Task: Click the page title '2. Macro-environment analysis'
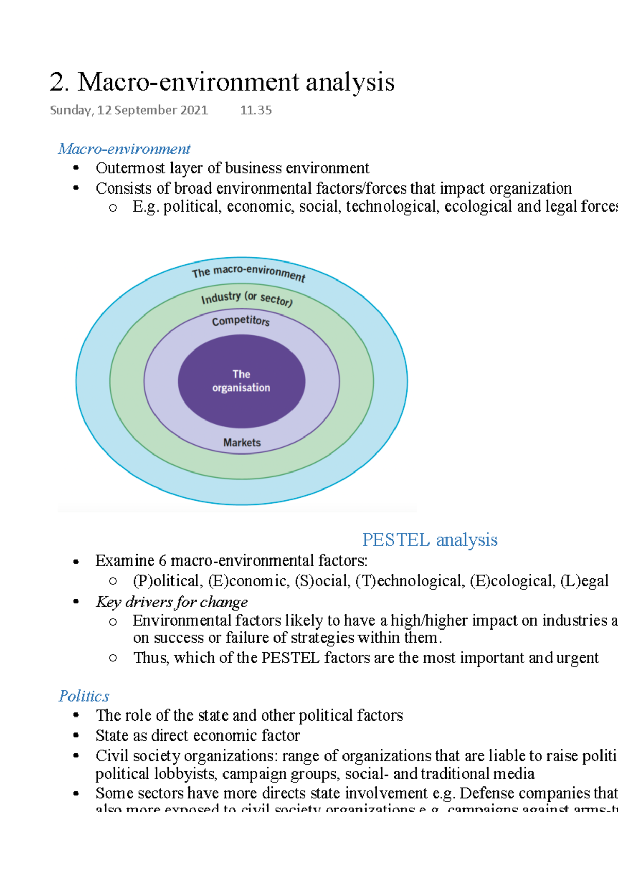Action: click(x=222, y=82)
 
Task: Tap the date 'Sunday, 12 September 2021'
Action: click(x=129, y=110)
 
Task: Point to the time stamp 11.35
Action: click(x=256, y=110)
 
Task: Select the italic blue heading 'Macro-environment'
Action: click(x=124, y=149)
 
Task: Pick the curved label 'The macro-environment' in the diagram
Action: click(x=248, y=272)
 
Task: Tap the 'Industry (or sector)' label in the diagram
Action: click(x=247, y=298)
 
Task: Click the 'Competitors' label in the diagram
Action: click(x=241, y=321)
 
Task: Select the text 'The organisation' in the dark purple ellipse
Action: click(x=241, y=381)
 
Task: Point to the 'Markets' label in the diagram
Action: click(x=242, y=443)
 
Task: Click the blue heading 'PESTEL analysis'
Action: click(x=430, y=540)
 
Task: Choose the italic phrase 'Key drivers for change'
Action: click(x=171, y=602)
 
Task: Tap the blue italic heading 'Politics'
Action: click(x=84, y=696)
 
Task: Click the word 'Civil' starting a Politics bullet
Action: click(x=112, y=756)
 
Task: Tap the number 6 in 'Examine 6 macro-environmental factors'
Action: click(x=163, y=561)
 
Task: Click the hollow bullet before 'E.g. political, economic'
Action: click(x=113, y=208)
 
